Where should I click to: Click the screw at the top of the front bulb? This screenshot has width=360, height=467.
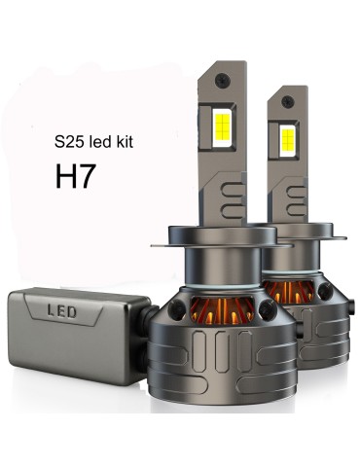coord(225,76)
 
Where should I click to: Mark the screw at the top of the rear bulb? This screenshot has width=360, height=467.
coord(290,96)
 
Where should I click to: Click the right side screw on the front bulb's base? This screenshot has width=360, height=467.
coord(259,309)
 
